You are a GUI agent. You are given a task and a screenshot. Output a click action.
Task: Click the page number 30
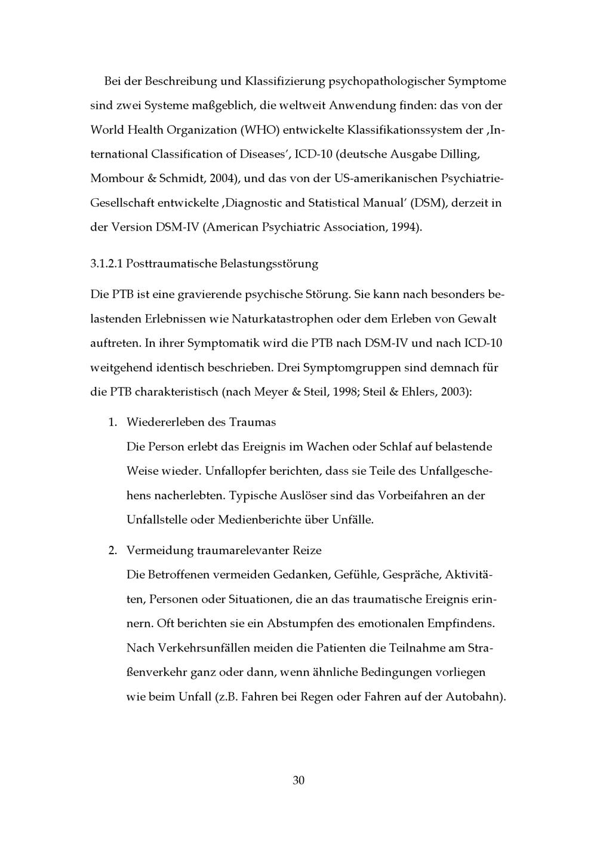point(298,781)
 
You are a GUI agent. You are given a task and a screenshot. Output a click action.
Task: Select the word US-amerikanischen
point(385,179)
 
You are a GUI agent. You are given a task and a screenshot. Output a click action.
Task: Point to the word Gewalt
point(477,319)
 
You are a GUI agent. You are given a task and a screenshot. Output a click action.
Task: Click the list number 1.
point(112,422)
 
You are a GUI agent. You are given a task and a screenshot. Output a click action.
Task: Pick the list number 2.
point(112,550)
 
